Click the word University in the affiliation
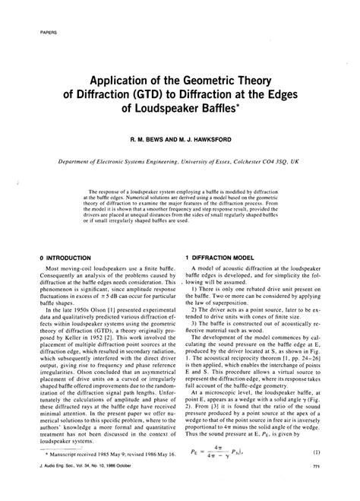194,162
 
